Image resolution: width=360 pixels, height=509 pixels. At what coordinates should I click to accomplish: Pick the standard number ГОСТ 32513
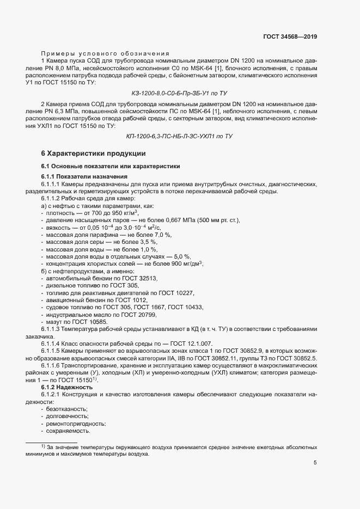pos(141,278)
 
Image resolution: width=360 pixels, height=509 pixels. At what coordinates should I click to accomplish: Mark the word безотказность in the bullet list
pos(67,408)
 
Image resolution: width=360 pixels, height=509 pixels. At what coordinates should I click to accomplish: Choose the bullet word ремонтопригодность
pos(76,424)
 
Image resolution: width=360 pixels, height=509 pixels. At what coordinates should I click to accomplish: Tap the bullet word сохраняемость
pos(68,431)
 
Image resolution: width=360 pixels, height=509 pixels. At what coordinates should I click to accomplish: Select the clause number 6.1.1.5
pos(52,352)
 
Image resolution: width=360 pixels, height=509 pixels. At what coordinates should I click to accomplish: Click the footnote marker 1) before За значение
pos(43,446)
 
